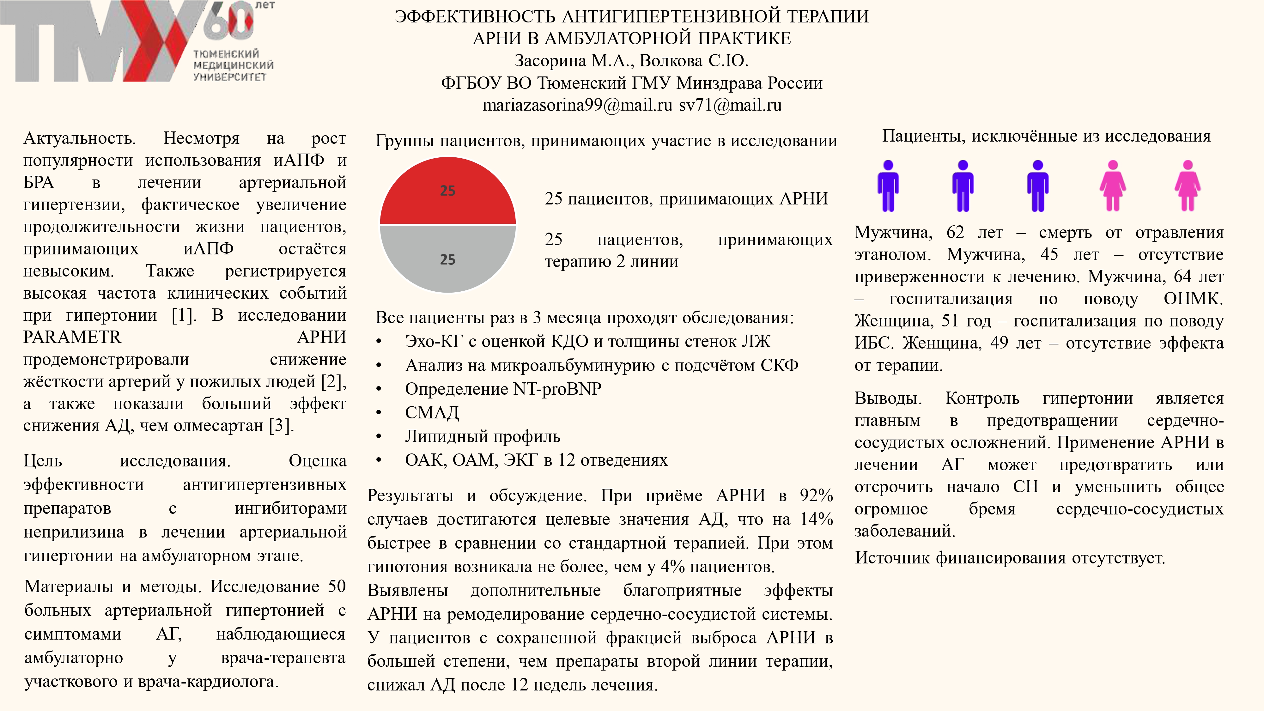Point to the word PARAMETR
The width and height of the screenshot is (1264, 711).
[x=72, y=337]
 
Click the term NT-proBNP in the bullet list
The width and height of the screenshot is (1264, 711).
[x=557, y=389]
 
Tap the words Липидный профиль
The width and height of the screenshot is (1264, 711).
[x=482, y=436]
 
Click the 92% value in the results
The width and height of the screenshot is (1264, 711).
[x=816, y=495]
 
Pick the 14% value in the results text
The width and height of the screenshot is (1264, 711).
[x=816, y=519]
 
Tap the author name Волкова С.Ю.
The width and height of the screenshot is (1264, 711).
[x=694, y=61]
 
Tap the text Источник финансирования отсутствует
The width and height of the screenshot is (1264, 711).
[x=1010, y=558]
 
